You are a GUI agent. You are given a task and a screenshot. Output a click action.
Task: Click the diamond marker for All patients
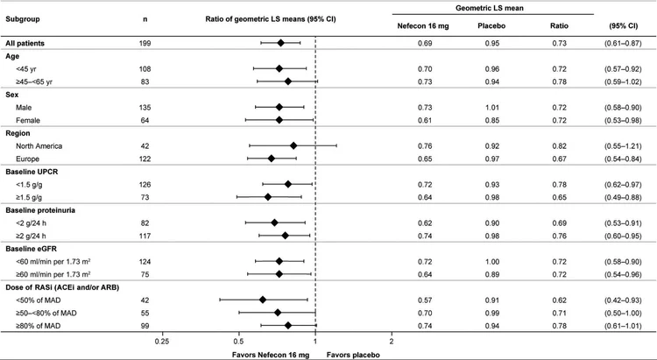280,42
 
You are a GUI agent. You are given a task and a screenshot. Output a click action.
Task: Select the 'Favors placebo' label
353,353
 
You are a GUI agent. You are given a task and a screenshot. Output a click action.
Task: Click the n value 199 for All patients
145,42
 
